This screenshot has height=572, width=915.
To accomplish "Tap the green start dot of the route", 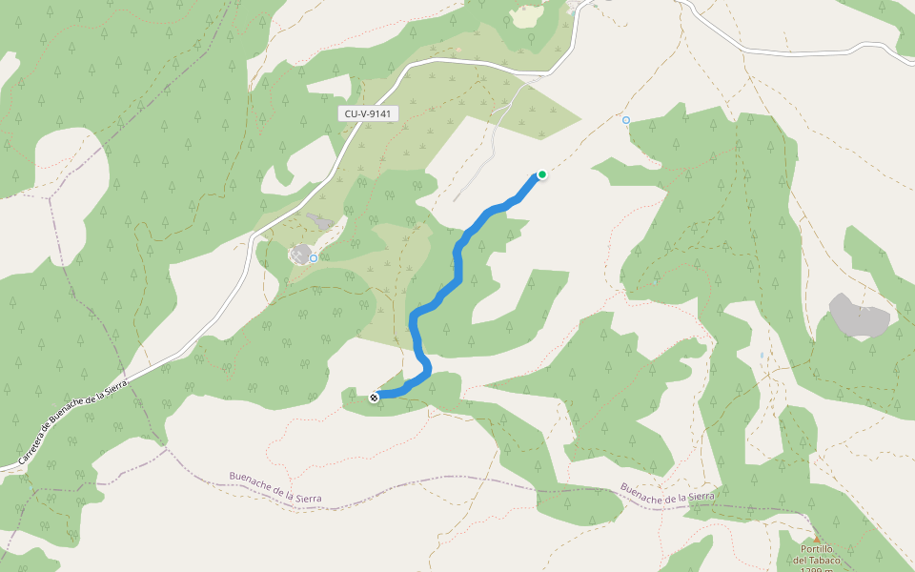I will coord(541,174).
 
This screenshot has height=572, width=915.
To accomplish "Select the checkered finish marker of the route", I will coord(374,397).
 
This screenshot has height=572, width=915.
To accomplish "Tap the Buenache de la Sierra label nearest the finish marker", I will coord(275,486).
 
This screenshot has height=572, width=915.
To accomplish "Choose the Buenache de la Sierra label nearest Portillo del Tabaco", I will coord(667,494).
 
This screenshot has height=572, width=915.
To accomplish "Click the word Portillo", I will coord(818,549).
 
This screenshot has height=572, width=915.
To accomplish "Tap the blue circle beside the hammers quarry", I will coord(313,258).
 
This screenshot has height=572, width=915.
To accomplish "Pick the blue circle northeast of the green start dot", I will coord(626,120).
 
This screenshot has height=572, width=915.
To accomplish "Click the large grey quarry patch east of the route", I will coord(860,316).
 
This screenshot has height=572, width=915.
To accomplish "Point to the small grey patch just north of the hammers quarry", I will coord(319,222).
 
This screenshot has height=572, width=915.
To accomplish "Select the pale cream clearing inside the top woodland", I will coord(526,16).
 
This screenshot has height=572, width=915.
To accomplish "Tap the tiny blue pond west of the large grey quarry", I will coord(762,356).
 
